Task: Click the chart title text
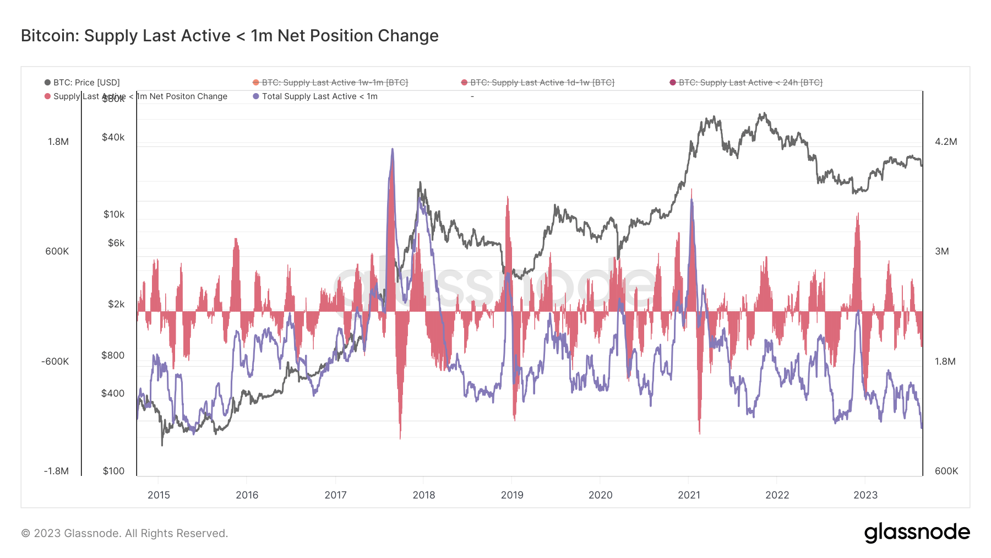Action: tap(230, 36)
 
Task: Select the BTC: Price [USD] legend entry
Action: tap(86, 83)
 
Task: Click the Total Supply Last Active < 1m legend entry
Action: tap(319, 96)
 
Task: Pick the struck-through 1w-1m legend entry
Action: tap(334, 83)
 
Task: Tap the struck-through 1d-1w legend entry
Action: tap(542, 83)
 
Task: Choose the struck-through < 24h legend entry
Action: tap(750, 83)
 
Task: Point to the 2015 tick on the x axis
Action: tap(159, 495)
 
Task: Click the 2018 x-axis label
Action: tap(423, 495)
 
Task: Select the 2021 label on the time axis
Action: tap(689, 495)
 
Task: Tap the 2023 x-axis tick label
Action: tap(865, 495)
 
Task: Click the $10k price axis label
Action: tap(114, 214)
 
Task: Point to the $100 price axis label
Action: tap(113, 471)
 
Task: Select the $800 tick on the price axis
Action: tap(113, 355)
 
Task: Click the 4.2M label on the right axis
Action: tap(946, 142)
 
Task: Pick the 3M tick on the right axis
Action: tap(941, 251)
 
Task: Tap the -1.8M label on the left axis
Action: tap(56, 471)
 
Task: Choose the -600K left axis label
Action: tap(55, 361)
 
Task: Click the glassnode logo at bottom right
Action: tap(917, 533)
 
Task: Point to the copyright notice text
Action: tap(124, 533)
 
